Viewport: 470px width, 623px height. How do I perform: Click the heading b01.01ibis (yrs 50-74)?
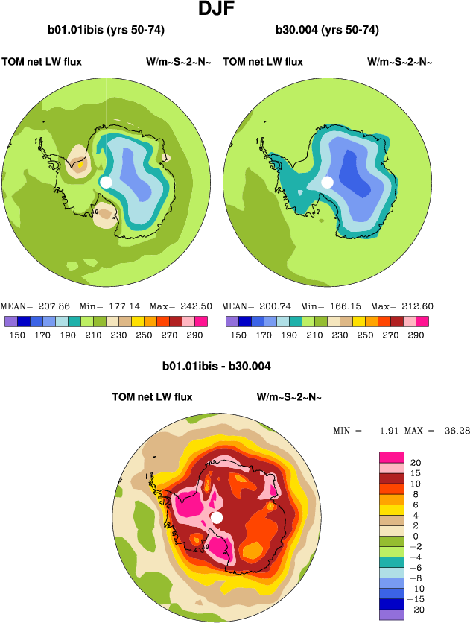[105, 31]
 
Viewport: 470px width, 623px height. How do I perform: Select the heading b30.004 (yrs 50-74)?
[327, 31]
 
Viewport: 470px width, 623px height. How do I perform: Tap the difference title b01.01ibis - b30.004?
[216, 367]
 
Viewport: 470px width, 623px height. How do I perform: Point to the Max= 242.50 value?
[181, 306]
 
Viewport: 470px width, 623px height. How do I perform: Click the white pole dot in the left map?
[106, 182]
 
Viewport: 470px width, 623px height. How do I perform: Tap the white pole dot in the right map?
[327, 182]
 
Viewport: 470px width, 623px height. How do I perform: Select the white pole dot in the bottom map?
[217, 517]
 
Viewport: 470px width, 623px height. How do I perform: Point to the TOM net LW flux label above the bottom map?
[152, 397]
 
